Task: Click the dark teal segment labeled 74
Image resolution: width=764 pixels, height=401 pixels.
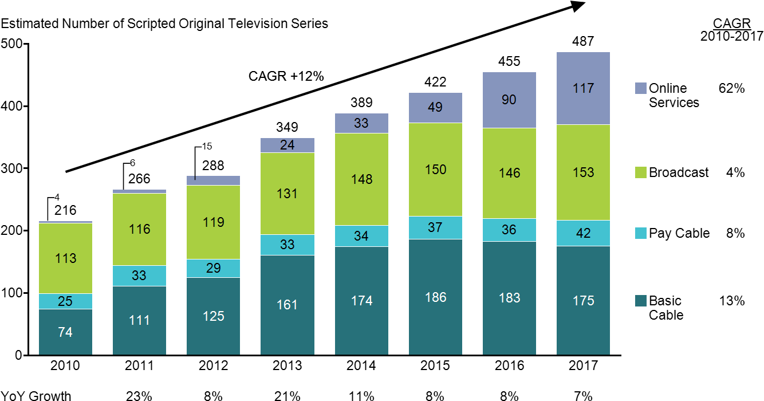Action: coord(65,332)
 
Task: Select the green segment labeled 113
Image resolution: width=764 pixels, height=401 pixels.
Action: coord(65,258)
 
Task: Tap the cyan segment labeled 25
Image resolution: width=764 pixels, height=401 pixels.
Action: coord(65,301)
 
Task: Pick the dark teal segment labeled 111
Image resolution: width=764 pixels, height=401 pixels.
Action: coord(139,320)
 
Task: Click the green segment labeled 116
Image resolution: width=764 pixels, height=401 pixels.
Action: coord(139,229)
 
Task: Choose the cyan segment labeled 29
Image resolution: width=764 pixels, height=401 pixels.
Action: coord(213,268)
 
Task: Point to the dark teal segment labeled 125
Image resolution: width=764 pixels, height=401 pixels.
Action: coord(213,316)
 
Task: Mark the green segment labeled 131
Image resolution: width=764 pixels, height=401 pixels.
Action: coord(287,194)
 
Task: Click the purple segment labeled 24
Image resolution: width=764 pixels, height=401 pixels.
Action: coord(287,146)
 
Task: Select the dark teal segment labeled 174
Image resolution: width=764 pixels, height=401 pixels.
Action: coord(361,301)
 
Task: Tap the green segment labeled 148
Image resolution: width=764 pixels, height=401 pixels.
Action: coord(361,179)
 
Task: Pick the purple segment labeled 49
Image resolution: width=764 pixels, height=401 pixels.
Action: coord(435,108)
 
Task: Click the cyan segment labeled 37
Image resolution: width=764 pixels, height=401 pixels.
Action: coord(435,227)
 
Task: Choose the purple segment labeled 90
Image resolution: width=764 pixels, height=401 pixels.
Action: coord(509,100)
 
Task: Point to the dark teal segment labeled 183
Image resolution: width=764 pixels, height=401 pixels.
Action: coord(509,298)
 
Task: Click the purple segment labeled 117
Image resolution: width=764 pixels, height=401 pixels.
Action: coord(583,88)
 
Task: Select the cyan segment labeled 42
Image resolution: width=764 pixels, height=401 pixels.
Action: coord(583,233)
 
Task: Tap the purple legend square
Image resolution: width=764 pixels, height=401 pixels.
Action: coord(641,88)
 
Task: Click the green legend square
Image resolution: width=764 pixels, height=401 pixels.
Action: coord(641,172)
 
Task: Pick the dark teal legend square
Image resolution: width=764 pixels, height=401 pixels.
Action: coord(641,301)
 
